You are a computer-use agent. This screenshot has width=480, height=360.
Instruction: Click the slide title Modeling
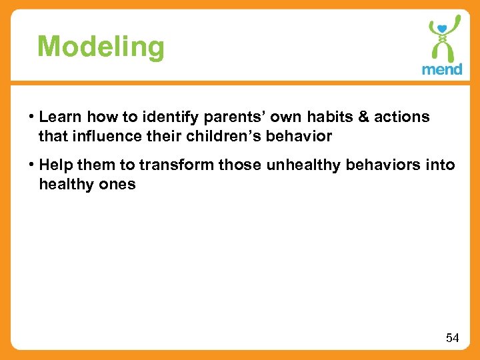pyautogui.click(x=101, y=47)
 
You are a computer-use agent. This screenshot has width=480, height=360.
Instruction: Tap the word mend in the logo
pyautogui.click(x=441, y=69)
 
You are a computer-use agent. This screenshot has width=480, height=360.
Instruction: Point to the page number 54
pyautogui.click(x=452, y=338)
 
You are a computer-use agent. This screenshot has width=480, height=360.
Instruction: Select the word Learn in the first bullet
pyautogui.click(x=59, y=117)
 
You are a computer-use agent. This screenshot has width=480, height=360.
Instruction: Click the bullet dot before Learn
pyautogui.click(x=31, y=118)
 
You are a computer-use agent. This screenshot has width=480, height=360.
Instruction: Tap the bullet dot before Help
pyautogui.click(x=31, y=165)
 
